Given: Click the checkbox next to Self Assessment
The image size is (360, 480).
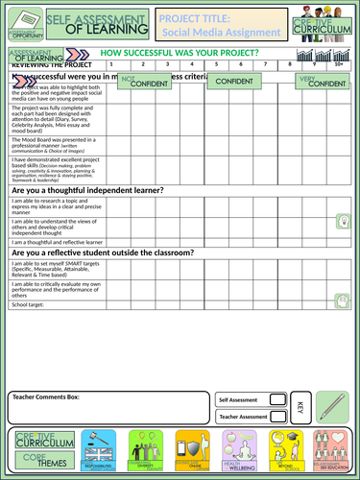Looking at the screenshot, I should (x=277, y=397).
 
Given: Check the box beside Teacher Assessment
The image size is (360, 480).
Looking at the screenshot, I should (x=277, y=417).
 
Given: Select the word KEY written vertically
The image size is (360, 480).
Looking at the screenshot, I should (x=300, y=407).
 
